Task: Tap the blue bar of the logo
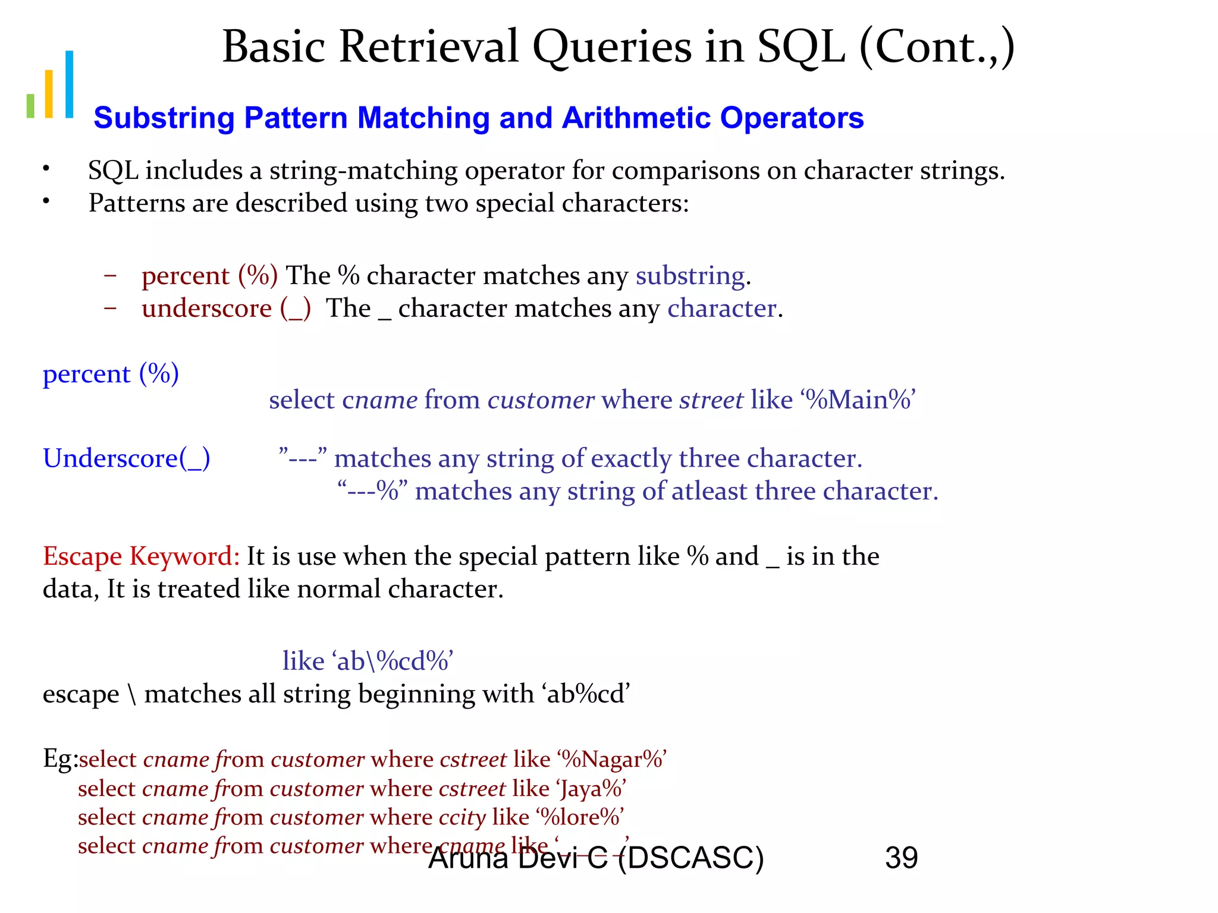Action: (x=70, y=84)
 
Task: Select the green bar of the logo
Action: (x=30, y=105)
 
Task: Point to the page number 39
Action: (x=901, y=858)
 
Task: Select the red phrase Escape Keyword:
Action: (x=141, y=556)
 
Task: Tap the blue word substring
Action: (x=690, y=276)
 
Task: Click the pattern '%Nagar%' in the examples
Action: (x=612, y=760)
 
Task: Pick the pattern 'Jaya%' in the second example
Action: (x=591, y=789)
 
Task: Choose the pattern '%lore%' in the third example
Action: (x=580, y=817)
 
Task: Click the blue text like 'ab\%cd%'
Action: (x=368, y=661)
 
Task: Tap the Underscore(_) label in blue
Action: (x=126, y=458)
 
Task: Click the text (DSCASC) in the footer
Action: (x=690, y=858)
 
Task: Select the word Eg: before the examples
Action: (x=59, y=759)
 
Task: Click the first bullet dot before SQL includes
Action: (x=46, y=169)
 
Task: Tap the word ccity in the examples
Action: (x=462, y=818)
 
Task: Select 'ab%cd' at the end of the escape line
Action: (x=586, y=694)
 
